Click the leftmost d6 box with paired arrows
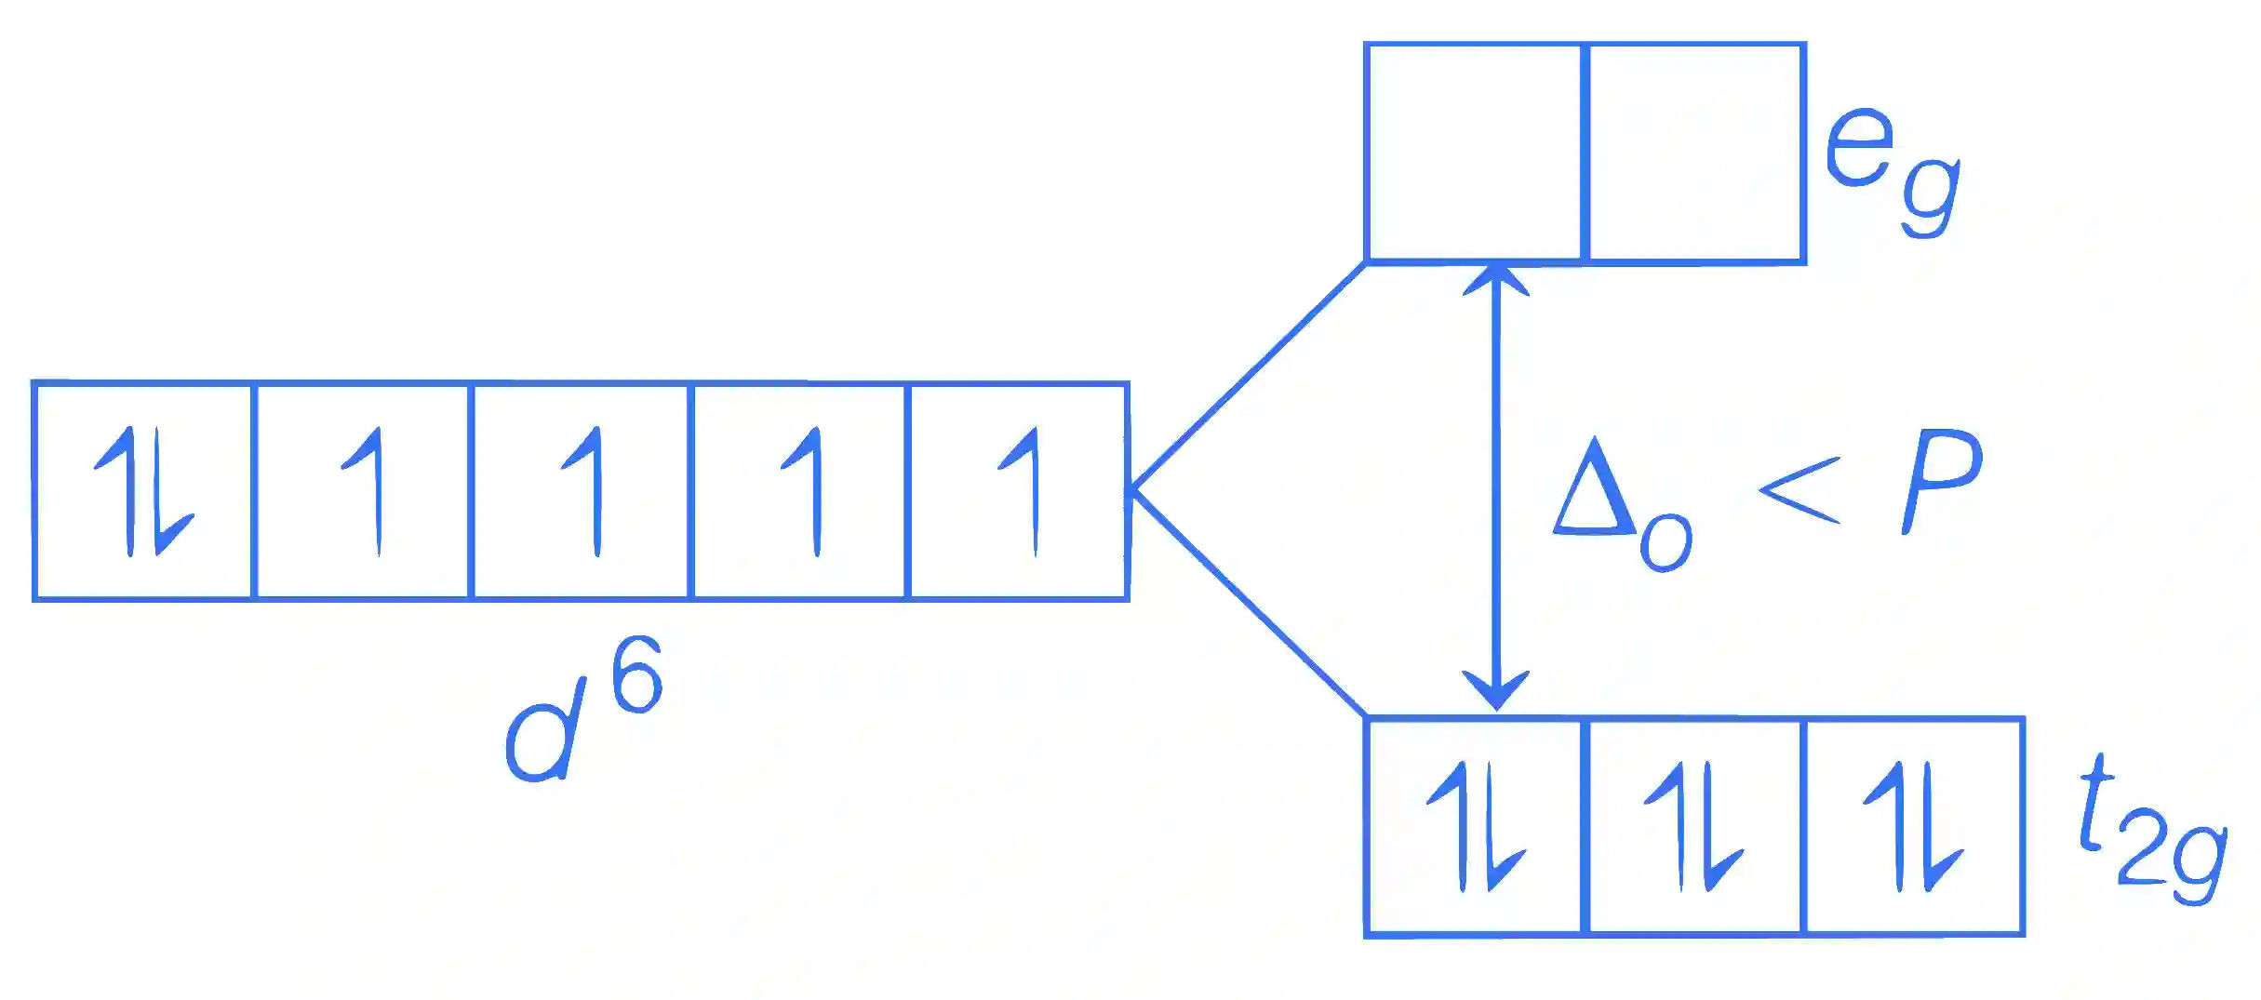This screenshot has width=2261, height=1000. tap(142, 491)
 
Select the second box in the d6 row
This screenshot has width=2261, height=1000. tap(362, 491)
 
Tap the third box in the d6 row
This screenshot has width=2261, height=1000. tap(582, 491)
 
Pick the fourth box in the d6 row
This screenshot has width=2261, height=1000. tap(800, 491)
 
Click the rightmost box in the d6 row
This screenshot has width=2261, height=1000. tap(1019, 491)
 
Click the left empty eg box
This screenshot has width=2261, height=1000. tap(1475, 153)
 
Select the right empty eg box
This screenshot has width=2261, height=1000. tap(1695, 153)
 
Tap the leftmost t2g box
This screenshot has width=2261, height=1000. tap(1475, 826)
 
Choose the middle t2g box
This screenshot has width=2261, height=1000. tap(1694, 826)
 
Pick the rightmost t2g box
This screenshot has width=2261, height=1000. tap(1914, 826)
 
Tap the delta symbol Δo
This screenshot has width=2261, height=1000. tap(1622, 502)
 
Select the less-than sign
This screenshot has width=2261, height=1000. tap(1799, 490)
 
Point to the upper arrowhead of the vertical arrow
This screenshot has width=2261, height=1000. tap(1495, 277)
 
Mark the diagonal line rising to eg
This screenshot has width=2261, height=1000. tap(1248, 376)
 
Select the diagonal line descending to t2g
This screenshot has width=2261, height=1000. tap(1248, 604)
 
